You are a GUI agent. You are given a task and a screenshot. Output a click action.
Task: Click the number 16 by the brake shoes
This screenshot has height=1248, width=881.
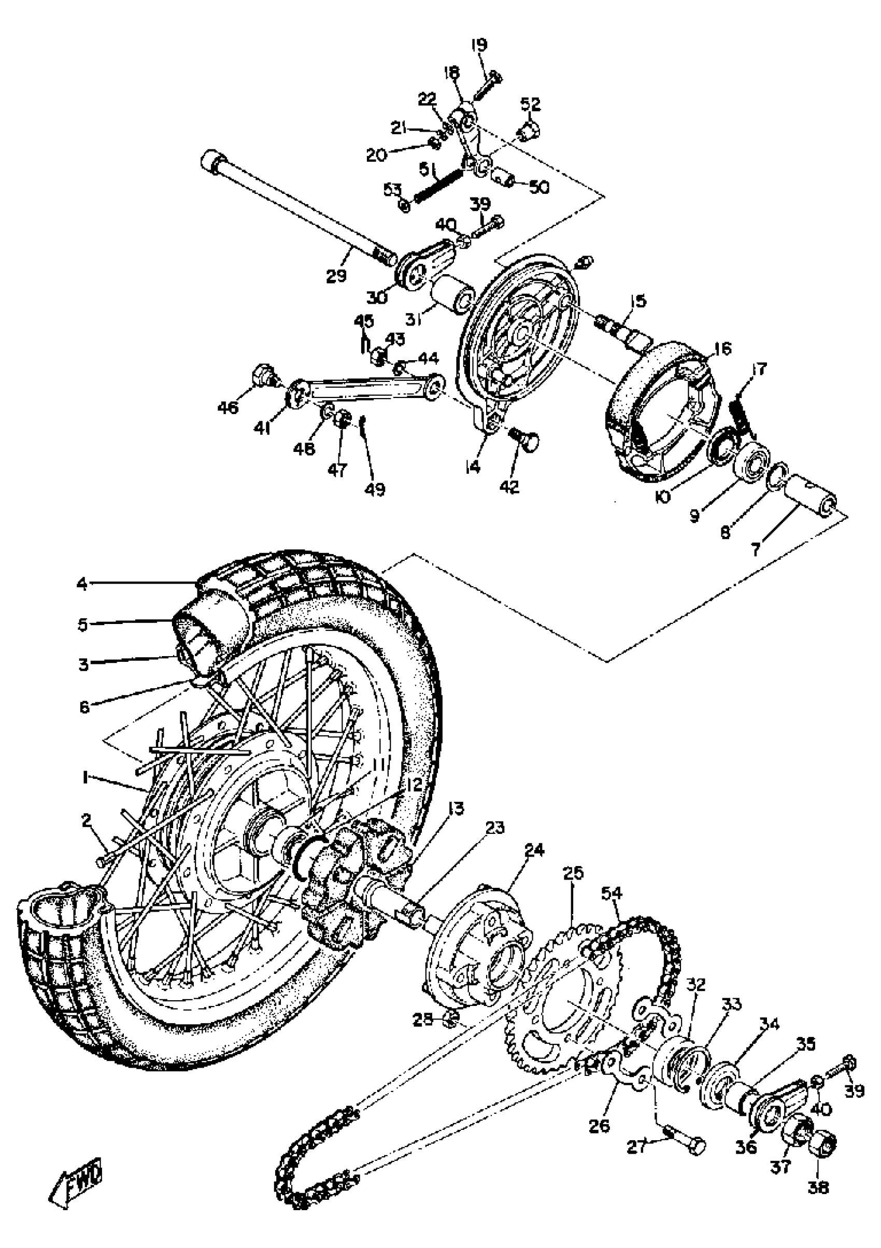[x=723, y=347]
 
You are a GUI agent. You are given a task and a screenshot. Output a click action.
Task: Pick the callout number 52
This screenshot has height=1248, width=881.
[x=531, y=103]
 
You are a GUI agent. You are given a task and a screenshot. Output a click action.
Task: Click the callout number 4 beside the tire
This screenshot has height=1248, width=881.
[x=81, y=584]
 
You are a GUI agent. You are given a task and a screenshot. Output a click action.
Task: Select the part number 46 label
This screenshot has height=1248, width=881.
[x=228, y=406]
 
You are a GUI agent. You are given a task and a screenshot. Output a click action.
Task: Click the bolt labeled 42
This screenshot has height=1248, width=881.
[x=524, y=437]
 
